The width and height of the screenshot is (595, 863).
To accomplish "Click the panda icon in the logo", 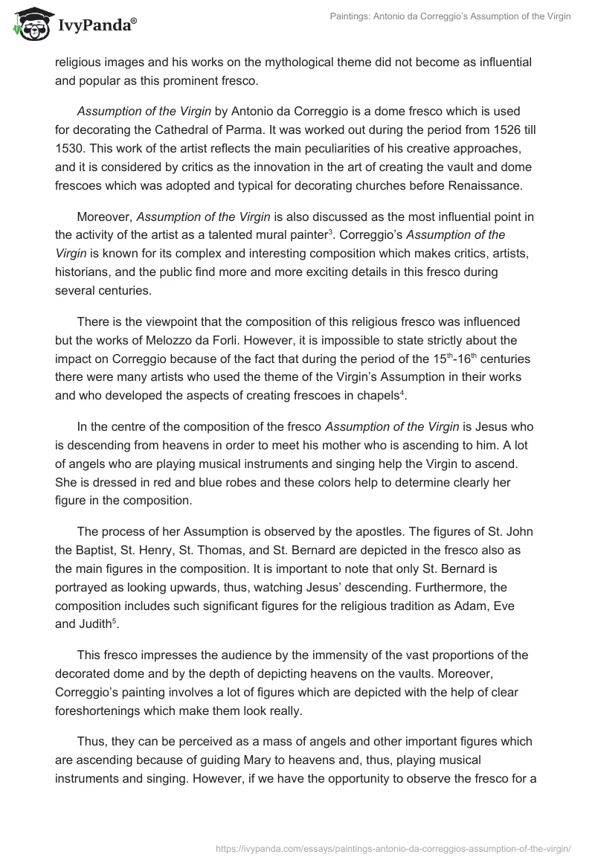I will (30, 25).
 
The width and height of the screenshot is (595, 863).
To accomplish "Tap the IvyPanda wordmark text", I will (96, 24).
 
